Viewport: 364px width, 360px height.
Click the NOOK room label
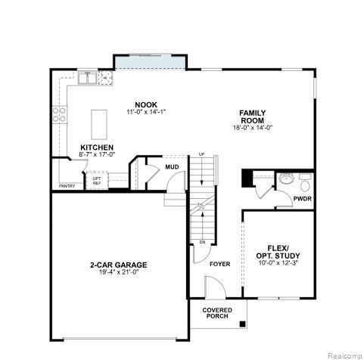[x=146, y=104]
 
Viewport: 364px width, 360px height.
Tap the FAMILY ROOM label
[x=251, y=116]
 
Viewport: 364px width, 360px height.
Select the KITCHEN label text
[x=97, y=147]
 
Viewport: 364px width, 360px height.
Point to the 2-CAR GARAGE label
[x=118, y=265]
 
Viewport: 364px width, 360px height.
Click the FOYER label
[x=219, y=264]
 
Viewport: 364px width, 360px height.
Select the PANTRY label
[x=67, y=186]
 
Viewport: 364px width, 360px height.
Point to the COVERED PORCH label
[x=217, y=314]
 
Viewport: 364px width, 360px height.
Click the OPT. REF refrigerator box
[x=97, y=181]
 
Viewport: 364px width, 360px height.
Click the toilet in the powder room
[x=305, y=182]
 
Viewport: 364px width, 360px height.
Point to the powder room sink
[x=286, y=180]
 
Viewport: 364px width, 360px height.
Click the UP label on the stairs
[x=201, y=154]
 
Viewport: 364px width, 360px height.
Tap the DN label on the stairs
[x=202, y=242]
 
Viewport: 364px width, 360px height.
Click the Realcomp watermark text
[x=344, y=353]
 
